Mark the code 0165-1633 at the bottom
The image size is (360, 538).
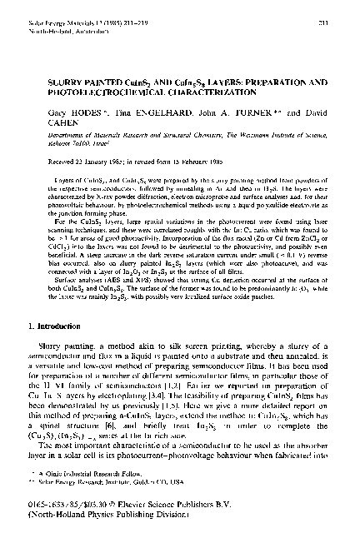pos(48,519)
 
